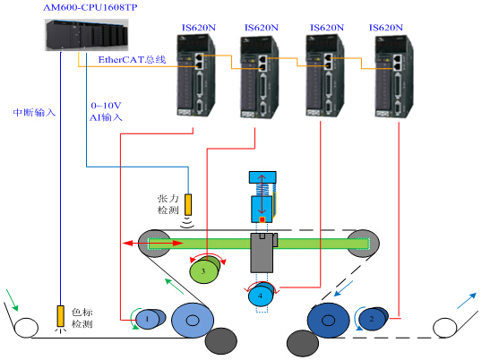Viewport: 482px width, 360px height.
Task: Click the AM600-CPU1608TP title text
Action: click(x=90, y=7)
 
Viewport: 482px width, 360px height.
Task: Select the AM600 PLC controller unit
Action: click(x=87, y=35)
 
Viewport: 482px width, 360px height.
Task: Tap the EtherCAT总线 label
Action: click(x=132, y=59)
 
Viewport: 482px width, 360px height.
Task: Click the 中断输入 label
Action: click(x=34, y=113)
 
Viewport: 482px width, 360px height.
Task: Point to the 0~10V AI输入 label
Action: click(x=106, y=111)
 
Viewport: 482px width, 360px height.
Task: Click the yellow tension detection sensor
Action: click(x=188, y=204)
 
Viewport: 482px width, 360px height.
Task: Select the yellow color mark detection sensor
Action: click(x=61, y=316)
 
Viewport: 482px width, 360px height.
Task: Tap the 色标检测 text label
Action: click(x=82, y=318)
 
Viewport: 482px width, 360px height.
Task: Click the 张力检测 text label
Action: click(x=168, y=204)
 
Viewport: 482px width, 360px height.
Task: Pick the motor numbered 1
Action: click(x=151, y=319)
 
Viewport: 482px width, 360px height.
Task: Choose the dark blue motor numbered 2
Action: click(x=374, y=319)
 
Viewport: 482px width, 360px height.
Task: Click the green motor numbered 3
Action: click(x=205, y=270)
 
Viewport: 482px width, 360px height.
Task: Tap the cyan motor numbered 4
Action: click(x=261, y=295)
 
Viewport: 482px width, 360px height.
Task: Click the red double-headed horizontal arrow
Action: click(x=153, y=244)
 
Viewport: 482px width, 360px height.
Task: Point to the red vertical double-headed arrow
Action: click(x=262, y=194)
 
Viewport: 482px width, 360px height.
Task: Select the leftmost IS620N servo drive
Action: click(x=196, y=75)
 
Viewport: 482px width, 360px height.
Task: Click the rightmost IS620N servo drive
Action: click(x=394, y=76)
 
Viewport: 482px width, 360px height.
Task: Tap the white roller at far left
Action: click(x=27, y=328)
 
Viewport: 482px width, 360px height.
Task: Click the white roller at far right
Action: click(x=445, y=328)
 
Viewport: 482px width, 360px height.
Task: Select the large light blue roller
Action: click(x=193, y=321)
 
